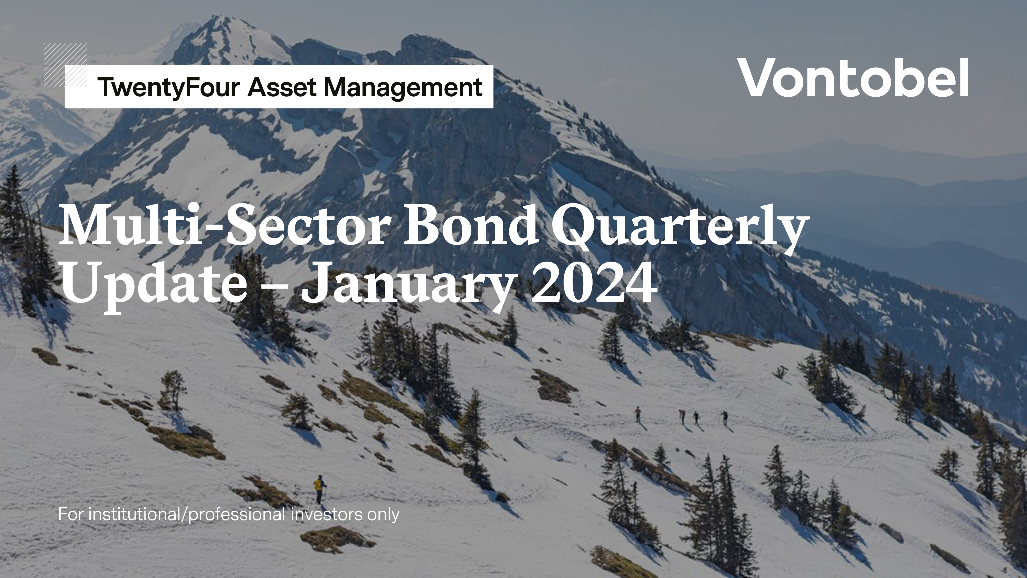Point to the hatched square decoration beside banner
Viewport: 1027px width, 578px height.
click(x=65, y=65)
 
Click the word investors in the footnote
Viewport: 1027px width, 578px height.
click(x=327, y=515)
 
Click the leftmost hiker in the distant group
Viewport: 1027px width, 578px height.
click(x=638, y=414)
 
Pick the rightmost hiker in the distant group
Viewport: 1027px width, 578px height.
click(x=724, y=417)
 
